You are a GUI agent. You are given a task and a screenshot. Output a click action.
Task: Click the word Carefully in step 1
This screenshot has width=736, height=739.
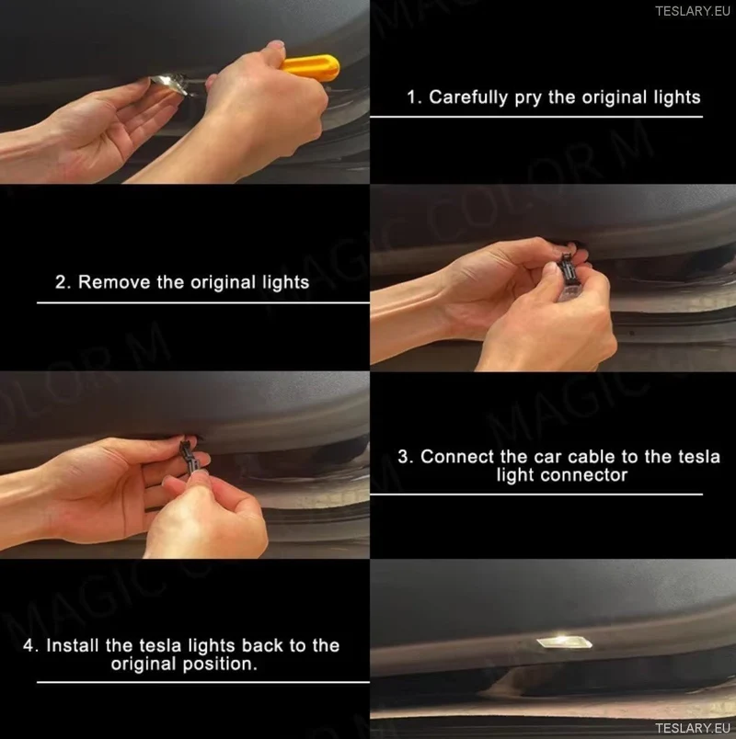(468, 97)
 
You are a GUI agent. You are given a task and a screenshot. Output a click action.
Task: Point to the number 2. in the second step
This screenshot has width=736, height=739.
(63, 282)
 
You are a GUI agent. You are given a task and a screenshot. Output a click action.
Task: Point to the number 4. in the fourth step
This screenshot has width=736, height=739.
(31, 645)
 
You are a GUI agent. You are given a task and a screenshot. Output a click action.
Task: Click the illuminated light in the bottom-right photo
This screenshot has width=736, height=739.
(564, 641)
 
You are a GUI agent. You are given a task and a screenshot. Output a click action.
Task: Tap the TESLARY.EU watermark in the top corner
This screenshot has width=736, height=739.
(693, 11)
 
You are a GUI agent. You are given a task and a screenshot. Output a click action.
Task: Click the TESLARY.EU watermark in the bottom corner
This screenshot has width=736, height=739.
(693, 728)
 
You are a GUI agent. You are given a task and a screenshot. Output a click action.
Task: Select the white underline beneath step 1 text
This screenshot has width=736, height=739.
(536, 117)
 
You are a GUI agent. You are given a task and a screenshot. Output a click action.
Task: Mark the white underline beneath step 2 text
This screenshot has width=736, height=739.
(203, 302)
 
